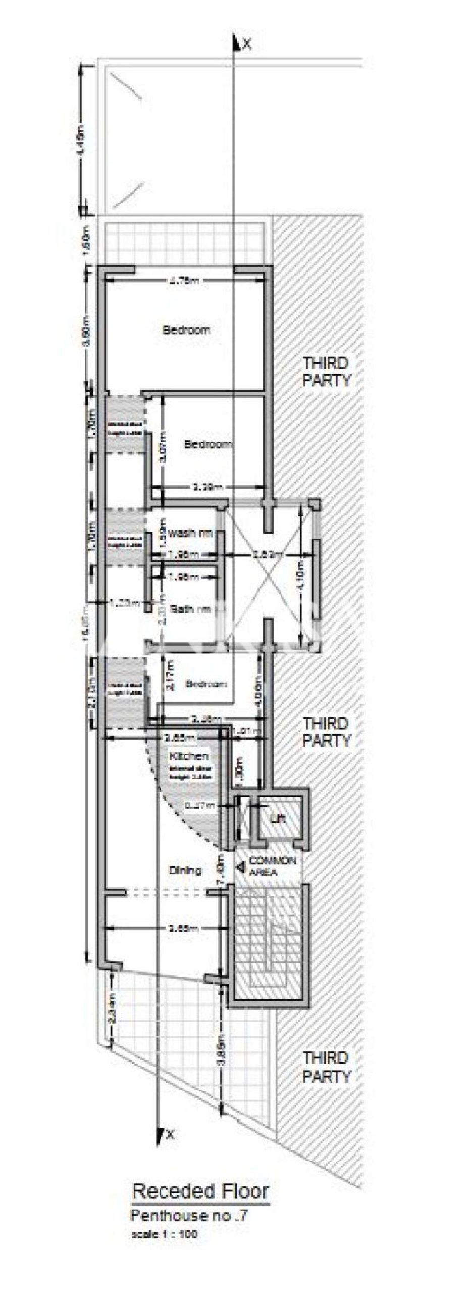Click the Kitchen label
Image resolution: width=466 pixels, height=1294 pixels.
[x=188, y=756]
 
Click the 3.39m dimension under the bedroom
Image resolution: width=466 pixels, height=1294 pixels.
[x=208, y=488]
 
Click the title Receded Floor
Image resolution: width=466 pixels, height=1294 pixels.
[x=200, y=1205]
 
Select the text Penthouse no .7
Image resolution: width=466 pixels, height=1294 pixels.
[x=189, y=1225]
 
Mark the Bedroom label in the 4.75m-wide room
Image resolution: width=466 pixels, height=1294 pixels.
[x=186, y=330]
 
